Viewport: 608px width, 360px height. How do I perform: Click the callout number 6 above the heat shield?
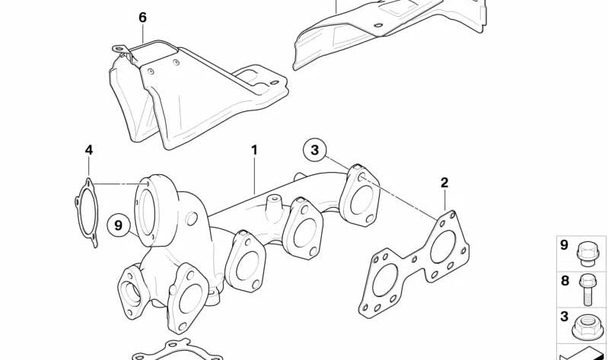[x=143, y=18]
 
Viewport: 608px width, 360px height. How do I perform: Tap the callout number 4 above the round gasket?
[x=89, y=150]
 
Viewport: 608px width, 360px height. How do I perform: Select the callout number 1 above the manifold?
[x=254, y=150]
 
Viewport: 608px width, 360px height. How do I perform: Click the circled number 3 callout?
[x=314, y=150]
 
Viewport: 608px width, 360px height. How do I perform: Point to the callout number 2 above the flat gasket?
[x=444, y=183]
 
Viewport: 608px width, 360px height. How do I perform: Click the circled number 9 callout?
[x=119, y=225]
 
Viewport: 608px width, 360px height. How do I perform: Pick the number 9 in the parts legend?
[x=564, y=245]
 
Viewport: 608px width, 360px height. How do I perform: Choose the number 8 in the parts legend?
[x=565, y=281]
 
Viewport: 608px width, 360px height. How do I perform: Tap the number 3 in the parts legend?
[x=564, y=316]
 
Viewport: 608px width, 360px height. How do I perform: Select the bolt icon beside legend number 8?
[x=586, y=289]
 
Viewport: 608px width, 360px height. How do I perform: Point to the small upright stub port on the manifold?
[x=274, y=204]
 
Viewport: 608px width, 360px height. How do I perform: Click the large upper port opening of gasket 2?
[x=443, y=247]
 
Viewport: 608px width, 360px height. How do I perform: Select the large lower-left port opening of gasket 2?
[x=384, y=281]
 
